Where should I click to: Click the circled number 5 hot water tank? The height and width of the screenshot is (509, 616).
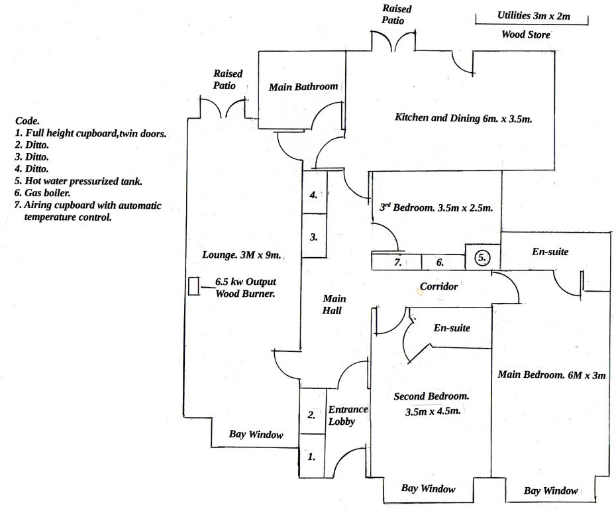coord(483,257)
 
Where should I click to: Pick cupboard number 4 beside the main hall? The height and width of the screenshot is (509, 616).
coord(314,195)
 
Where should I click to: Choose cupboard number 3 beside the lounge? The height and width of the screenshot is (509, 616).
coord(314,236)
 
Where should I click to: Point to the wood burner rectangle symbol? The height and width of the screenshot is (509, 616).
coord(194,286)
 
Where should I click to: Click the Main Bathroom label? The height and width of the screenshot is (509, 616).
coord(303,86)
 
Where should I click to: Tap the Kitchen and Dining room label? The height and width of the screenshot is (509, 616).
coord(464,118)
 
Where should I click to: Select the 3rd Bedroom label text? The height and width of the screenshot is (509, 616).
coord(435,207)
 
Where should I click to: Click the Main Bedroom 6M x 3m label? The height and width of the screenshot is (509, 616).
coord(551,374)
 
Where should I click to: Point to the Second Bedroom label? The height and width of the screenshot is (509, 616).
coord(431,396)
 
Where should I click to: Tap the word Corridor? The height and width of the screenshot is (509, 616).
coord(438,288)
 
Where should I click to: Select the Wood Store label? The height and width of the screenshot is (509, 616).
coord(525,34)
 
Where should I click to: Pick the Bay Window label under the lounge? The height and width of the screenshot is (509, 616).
coord(256,435)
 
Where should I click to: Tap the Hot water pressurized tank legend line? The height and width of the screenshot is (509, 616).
coord(83,180)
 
